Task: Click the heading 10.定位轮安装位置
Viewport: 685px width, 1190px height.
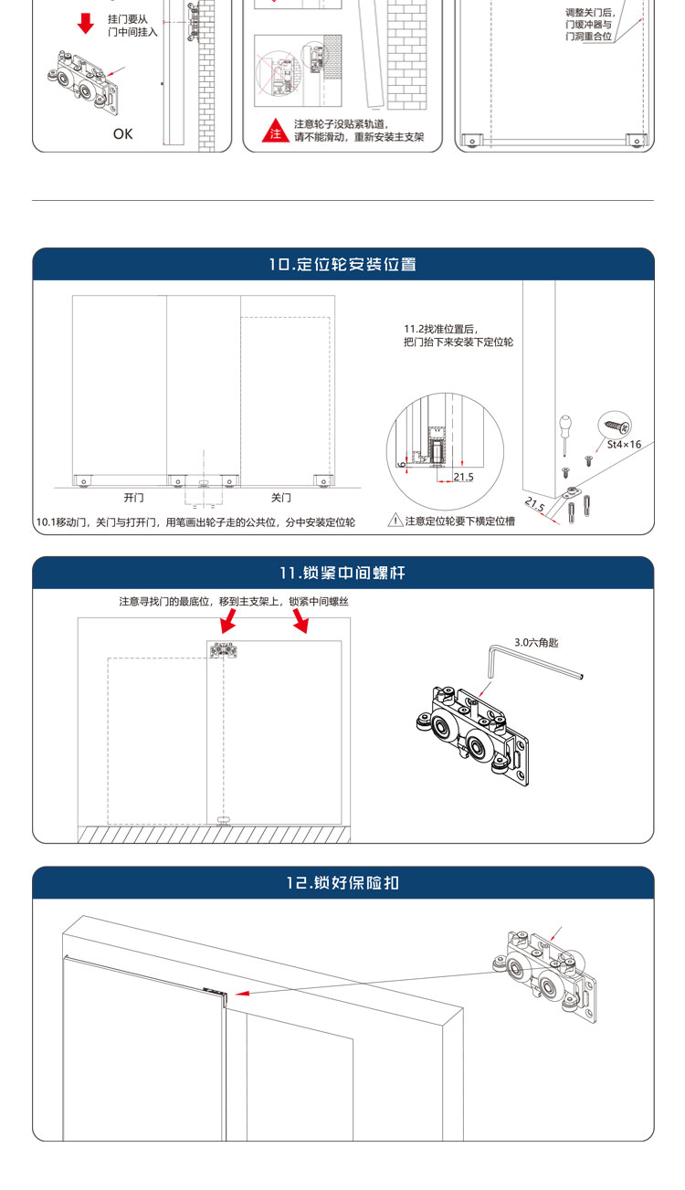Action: coord(342,264)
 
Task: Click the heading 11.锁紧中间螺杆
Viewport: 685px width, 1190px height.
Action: coord(342,573)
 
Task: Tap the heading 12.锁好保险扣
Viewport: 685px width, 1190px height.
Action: coord(342,882)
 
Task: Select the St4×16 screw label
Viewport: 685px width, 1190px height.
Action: coord(624,444)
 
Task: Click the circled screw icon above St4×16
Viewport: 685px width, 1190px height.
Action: coord(615,425)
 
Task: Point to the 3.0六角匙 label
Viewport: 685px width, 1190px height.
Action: coord(536,642)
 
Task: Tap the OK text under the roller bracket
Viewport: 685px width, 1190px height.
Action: coord(122,134)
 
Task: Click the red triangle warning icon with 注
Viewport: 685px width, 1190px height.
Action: coord(275,131)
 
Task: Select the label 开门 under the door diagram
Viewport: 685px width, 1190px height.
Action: coord(133,498)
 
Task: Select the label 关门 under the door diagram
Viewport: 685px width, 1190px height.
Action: coord(280,498)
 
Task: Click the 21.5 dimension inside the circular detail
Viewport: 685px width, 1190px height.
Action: coord(463,477)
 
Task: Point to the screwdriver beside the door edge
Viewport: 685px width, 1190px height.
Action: coord(565,435)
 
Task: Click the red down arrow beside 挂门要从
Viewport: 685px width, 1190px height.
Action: coord(86,24)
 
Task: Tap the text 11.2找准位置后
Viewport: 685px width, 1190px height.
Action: coord(440,330)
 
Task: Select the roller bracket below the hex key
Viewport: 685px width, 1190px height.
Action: coord(473,736)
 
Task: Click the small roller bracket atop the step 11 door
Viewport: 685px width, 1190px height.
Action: coord(223,651)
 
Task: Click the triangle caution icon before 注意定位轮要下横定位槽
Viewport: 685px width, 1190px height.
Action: coord(395,520)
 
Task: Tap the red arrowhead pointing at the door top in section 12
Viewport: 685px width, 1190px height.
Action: coord(242,993)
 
